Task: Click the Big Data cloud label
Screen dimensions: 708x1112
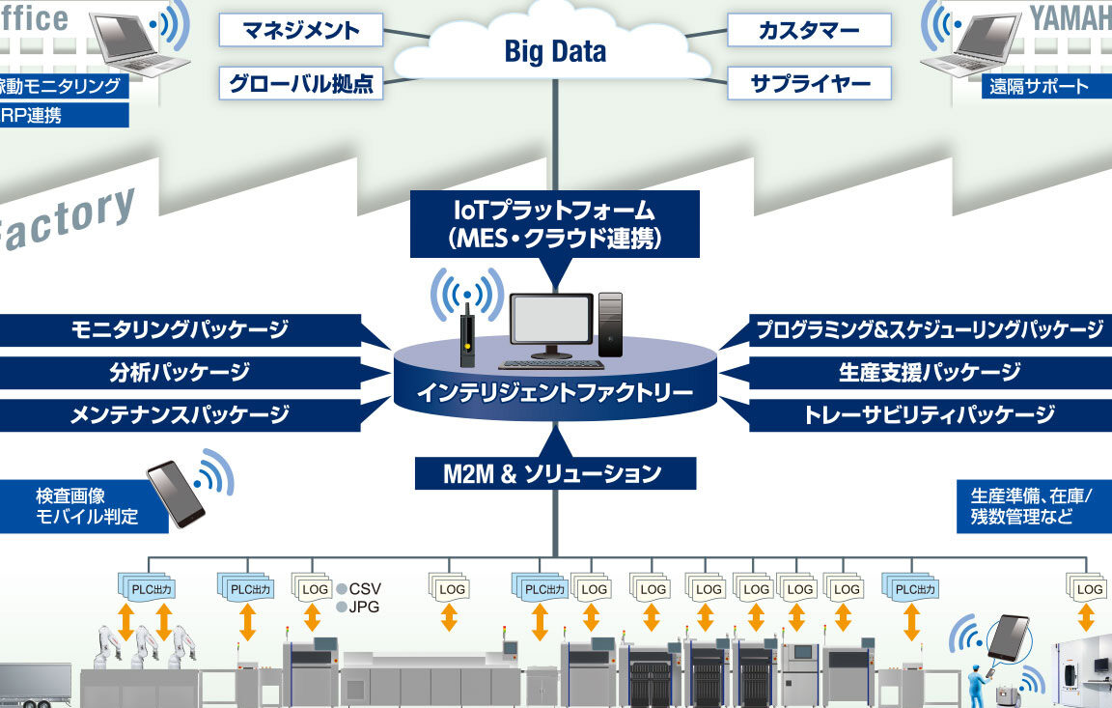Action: pos(555,52)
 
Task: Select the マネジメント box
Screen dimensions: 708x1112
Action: pos(302,30)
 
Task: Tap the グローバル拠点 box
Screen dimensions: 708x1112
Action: pos(301,83)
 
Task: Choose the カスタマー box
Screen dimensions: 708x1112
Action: pos(809,30)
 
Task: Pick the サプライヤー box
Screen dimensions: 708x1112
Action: pos(809,83)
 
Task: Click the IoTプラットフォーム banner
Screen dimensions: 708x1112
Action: pos(554,223)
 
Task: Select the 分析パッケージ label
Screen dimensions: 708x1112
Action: pos(180,372)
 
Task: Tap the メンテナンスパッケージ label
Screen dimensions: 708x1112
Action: pos(180,415)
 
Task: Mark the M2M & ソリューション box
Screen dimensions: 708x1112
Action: pos(554,473)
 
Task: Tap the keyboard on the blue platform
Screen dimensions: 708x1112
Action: pos(551,364)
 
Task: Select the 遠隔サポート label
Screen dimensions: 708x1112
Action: pos(1038,87)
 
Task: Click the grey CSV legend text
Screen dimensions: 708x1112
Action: pos(365,588)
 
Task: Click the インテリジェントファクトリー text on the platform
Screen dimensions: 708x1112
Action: pos(554,393)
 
